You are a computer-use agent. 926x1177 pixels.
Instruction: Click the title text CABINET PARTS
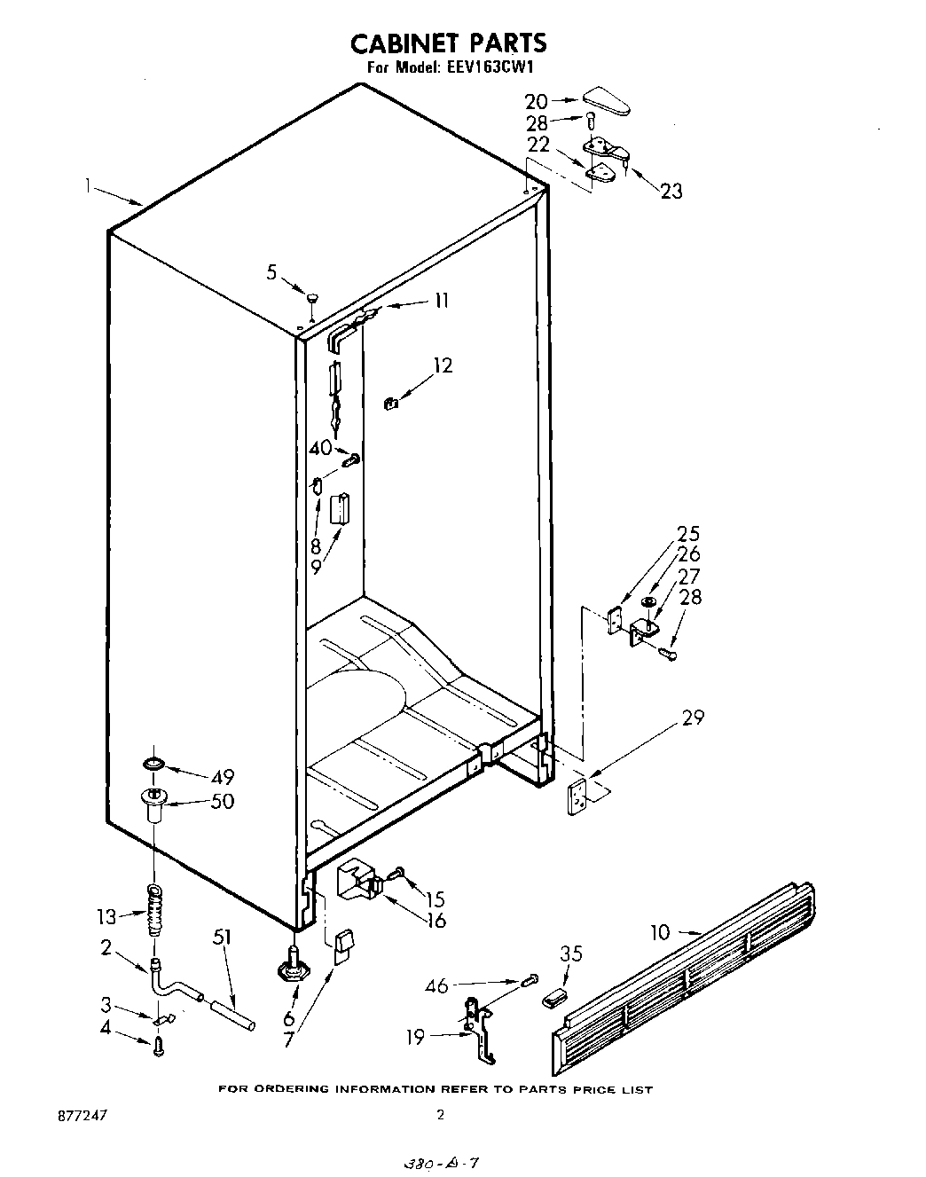click(448, 43)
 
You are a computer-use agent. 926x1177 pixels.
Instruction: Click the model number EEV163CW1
click(487, 67)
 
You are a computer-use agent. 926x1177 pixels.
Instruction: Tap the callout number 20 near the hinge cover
click(537, 102)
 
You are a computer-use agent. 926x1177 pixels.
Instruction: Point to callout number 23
click(671, 191)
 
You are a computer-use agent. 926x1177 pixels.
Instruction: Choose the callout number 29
click(693, 718)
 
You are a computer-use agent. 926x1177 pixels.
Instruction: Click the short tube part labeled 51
click(232, 1013)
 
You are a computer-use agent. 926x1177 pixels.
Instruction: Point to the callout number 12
click(442, 365)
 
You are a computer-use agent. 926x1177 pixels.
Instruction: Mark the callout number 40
click(320, 449)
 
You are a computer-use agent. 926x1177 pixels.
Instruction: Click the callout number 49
click(222, 778)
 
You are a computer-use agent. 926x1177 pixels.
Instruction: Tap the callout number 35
click(571, 954)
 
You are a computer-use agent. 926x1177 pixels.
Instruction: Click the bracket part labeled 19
click(480, 1029)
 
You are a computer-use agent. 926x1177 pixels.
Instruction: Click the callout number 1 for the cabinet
click(89, 185)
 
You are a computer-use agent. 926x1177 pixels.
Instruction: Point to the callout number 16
click(436, 921)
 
